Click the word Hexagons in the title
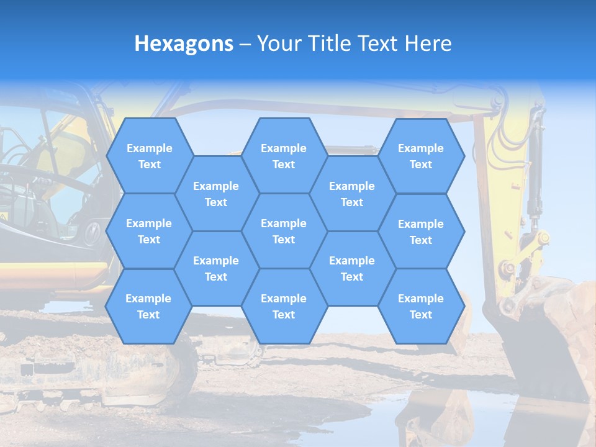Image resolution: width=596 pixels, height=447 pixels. (x=184, y=43)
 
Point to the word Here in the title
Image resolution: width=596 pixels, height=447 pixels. (x=428, y=43)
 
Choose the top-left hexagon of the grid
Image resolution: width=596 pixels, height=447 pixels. (x=149, y=156)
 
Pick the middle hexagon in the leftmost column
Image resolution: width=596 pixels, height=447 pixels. (x=149, y=231)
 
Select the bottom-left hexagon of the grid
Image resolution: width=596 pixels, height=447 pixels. (x=148, y=306)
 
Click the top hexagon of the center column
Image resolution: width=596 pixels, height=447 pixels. (x=284, y=156)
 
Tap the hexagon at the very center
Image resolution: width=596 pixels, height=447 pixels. (x=284, y=231)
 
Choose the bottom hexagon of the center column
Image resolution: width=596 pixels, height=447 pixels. (x=284, y=306)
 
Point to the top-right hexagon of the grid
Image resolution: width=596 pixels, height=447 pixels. (x=421, y=156)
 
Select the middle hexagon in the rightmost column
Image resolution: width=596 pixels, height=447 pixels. (x=421, y=232)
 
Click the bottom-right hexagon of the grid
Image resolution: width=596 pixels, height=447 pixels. (x=421, y=306)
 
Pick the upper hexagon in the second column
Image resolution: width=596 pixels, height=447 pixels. (x=216, y=194)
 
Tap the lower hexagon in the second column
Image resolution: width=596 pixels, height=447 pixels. (x=216, y=268)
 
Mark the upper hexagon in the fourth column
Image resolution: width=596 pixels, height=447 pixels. (x=352, y=194)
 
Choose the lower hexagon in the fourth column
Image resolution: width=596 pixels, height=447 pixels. (x=352, y=268)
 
